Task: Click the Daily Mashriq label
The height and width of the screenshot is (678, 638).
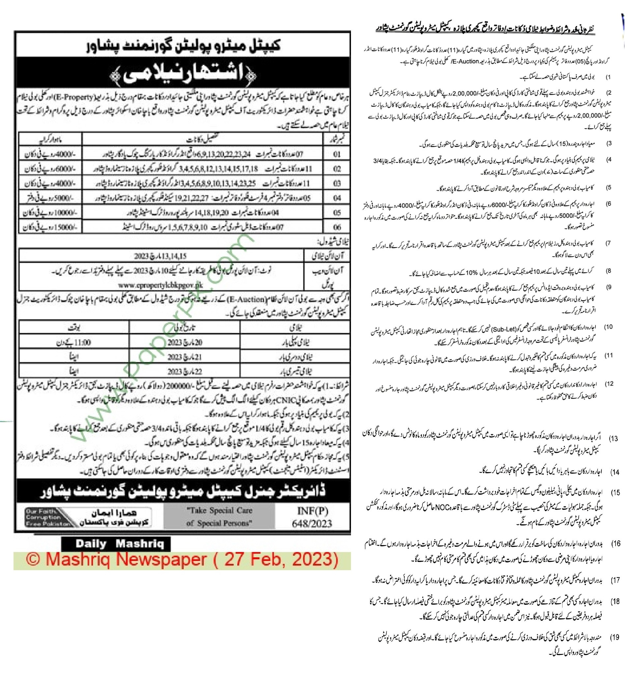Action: [116, 544]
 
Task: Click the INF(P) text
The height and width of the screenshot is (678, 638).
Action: [312, 510]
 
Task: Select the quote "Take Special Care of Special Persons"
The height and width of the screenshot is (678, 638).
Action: [219, 517]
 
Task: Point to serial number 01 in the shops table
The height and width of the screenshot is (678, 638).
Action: [337, 154]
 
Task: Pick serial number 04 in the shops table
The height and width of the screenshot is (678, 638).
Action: [337, 198]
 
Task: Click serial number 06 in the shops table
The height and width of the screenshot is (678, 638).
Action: [337, 227]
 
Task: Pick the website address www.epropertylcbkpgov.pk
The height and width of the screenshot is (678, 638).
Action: [161, 285]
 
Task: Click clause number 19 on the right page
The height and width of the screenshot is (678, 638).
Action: [615, 637]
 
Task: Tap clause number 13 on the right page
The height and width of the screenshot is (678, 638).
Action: [614, 438]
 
